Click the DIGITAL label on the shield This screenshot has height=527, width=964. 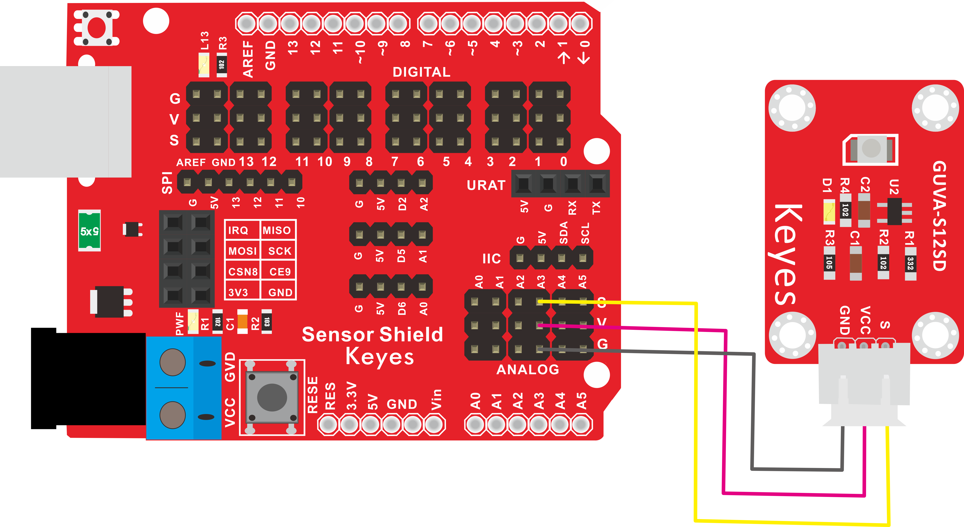pyautogui.click(x=421, y=72)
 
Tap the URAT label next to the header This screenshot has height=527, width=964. pyautogui.click(x=486, y=185)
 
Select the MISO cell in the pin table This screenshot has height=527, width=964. pyautogui.click(x=277, y=230)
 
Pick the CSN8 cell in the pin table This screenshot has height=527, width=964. pyautogui.click(x=243, y=272)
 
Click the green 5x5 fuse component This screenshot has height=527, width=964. pyautogui.click(x=89, y=230)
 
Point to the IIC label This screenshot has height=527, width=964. pyautogui.click(x=491, y=258)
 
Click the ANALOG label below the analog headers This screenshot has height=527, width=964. pyautogui.click(x=528, y=370)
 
